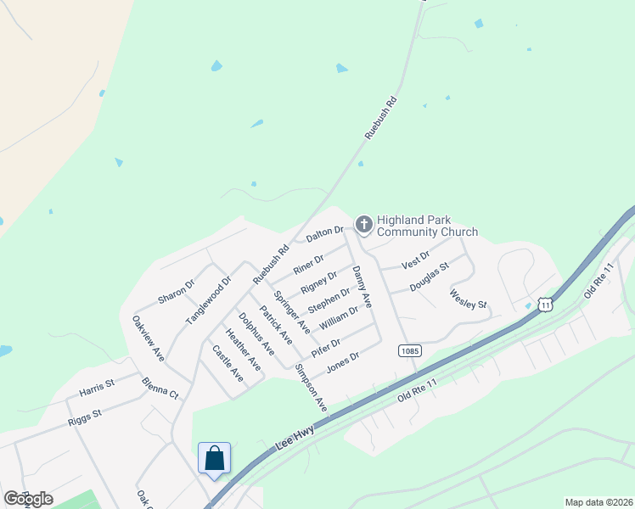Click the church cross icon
pyautogui.click(x=363, y=224)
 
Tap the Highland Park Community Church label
pyautogui.click(x=427, y=226)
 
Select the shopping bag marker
pyautogui.click(x=215, y=458)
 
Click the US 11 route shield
pyautogui.click(x=545, y=303)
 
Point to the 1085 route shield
pyautogui.click(x=410, y=350)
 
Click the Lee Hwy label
pyautogui.click(x=295, y=437)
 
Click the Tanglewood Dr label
pyautogui.click(x=209, y=299)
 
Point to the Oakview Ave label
pyautogui.click(x=148, y=338)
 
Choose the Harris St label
pyautogui.click(x=96, y=388)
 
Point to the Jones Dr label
pyautogui.click(x=343, y=361)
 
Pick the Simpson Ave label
pyautogui.click(x=310, y=388)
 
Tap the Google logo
pyautogui.click(x=28, y=498)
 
